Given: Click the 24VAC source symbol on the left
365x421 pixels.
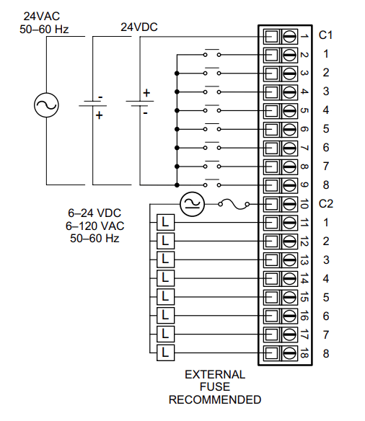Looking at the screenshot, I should click(46, 107).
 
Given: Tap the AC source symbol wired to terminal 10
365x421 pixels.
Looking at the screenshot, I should click(192, 204).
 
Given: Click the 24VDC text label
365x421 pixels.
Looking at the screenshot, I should click(139, 27).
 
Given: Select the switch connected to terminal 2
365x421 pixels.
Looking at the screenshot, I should click(211, 54).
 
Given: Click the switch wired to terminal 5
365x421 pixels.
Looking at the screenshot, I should click(211, 110).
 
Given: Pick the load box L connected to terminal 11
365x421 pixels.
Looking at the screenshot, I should click(165, 222).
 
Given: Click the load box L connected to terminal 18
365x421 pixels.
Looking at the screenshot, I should click(165, 353).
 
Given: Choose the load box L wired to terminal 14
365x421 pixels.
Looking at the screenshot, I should click(165, 278).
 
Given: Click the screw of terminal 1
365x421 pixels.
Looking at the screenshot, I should click(289, 35).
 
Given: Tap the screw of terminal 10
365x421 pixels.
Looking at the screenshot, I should click(289, 204).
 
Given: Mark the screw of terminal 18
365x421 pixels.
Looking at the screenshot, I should click(289, 353).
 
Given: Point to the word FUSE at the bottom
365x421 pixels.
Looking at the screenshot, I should click(215, 387).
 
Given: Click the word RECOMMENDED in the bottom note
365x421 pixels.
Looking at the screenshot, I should click(215, 399).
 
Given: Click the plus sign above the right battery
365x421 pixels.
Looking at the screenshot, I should click(147, 93).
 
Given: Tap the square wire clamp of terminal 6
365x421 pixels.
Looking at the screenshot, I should click(271, 129).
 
